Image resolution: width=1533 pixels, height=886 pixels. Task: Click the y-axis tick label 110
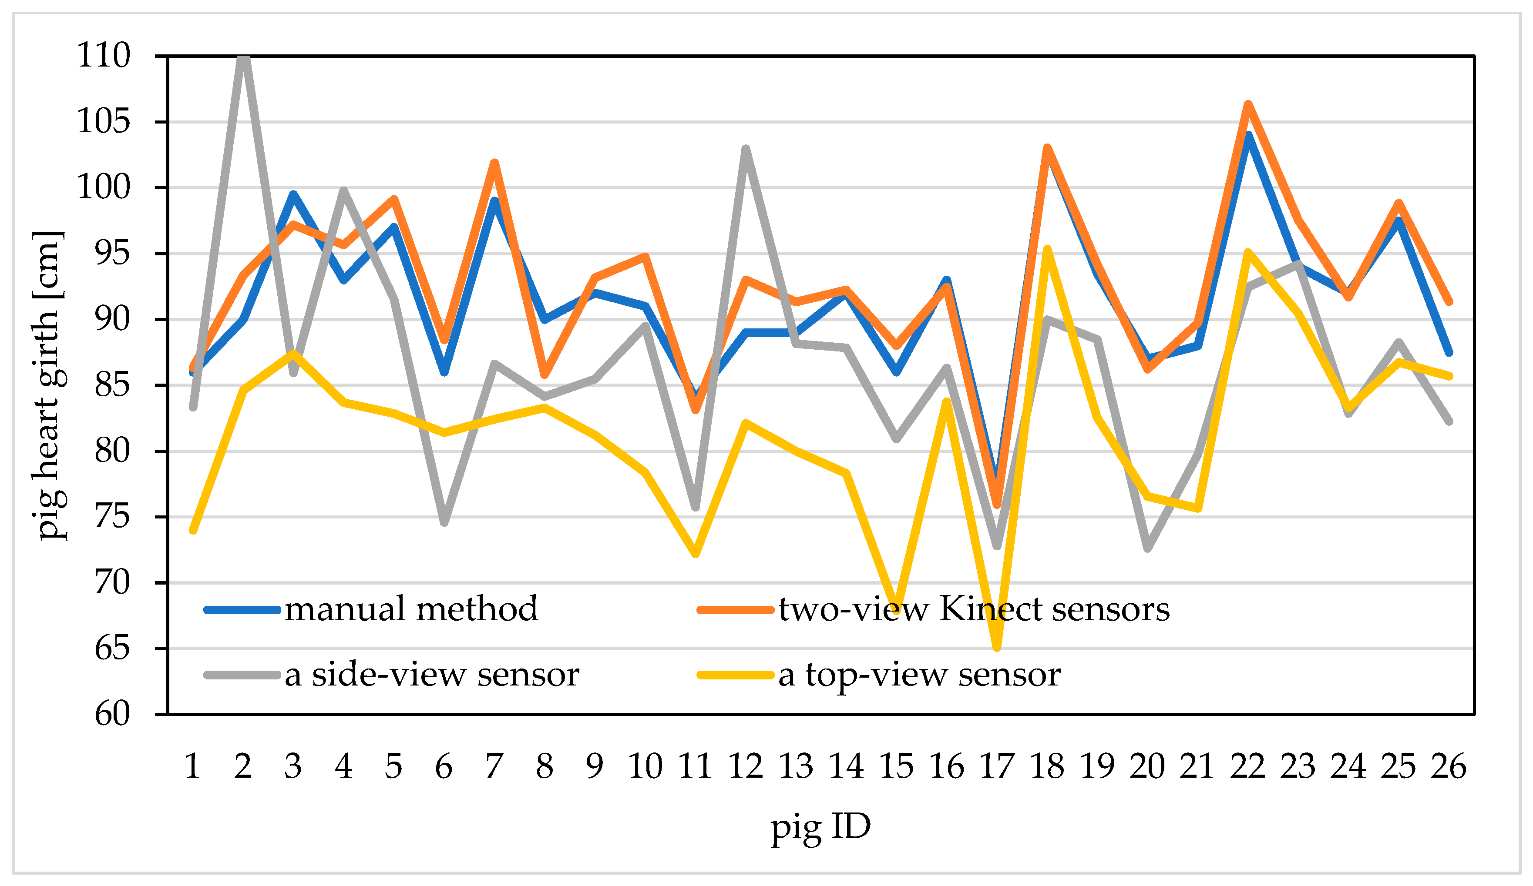click(x=104, y=56)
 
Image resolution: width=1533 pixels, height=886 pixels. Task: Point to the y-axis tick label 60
click(x=113, y=714)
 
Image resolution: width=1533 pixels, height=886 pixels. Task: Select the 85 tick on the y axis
click(x=113, y=385)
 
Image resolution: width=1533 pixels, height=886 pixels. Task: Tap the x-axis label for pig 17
click(x=996, y=766)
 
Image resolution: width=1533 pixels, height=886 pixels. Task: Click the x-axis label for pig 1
click(x=192, y=766)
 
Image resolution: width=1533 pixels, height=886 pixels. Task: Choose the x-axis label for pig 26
click(x=1449, y=766)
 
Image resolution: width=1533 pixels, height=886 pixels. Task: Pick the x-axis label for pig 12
click(x=745, y=766)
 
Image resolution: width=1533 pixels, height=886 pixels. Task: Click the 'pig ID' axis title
click(x=820, y=827)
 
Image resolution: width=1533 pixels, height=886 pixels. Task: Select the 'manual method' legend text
click(x=411, y=608)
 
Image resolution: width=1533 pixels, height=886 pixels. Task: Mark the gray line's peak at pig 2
click(x=243, y=58)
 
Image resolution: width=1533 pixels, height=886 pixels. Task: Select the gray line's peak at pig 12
click(x=745, y=149)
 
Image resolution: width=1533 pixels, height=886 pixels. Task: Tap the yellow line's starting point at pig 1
click(x=193, y=530)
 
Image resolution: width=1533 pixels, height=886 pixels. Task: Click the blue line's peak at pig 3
click(x=293, y=194)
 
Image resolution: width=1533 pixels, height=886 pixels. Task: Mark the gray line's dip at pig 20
click(x=1147, y=548)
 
